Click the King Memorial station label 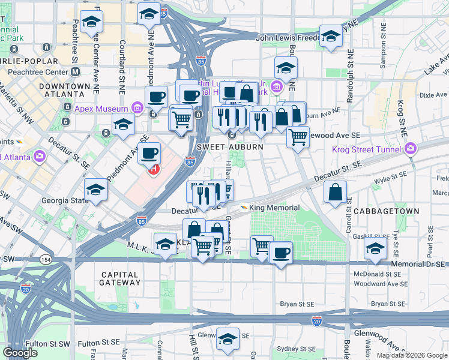coord(274,208)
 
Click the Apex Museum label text coord(101,109)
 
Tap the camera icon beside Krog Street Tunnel coord(411,148)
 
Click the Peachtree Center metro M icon coord(76,71)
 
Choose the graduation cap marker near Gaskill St coord(376,248)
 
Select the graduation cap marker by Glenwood coord(228,338)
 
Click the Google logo coord(20,353)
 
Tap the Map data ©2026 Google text coord(411,355)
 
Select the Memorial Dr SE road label coord(419,264)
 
